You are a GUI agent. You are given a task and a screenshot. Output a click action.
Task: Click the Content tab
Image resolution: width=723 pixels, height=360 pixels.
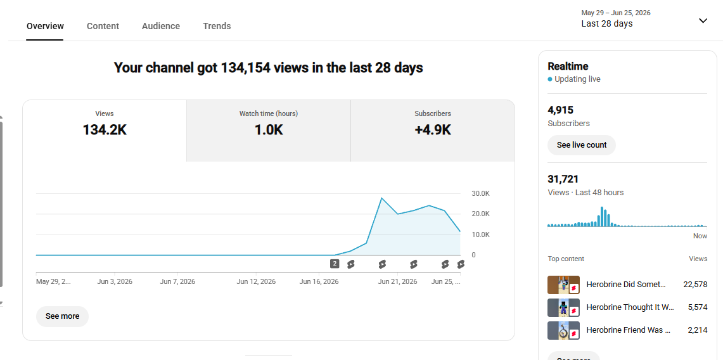[103, 26]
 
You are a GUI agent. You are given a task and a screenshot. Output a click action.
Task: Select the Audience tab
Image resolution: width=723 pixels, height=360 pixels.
[161, 26]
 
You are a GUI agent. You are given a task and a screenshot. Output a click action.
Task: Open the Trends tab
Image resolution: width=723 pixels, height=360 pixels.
[217, 26]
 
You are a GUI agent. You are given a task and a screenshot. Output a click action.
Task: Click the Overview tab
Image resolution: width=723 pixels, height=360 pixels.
[45, 26]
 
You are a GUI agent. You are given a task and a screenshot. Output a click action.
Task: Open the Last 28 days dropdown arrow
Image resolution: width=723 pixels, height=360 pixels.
[703, 21]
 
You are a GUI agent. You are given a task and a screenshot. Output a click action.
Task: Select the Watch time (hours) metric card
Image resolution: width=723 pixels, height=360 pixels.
[269, 131]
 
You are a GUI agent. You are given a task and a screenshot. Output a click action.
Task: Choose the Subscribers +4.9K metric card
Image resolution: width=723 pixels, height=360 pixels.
[433, 131]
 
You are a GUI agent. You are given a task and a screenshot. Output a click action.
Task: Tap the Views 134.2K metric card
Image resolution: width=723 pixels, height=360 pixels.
[105, 131]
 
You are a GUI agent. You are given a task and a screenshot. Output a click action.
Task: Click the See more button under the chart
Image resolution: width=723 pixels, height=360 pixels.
[62, 316]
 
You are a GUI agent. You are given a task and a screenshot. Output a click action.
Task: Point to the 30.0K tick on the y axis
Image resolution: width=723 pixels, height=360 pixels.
[480, 193]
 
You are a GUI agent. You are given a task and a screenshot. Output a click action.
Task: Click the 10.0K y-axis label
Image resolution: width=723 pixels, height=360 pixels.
[480, 235]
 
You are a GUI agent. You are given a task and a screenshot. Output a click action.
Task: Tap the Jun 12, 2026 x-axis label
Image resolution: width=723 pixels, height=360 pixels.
[256, 281]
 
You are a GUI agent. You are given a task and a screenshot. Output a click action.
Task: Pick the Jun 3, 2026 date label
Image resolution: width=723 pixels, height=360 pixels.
[115, 281]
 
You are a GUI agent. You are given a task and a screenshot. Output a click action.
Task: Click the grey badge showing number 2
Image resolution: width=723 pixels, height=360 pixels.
[335, 264]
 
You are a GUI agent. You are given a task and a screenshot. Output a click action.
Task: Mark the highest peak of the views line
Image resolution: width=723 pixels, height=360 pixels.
[381, 198]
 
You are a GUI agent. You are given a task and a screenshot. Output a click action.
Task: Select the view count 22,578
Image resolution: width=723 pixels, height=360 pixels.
[695, 285]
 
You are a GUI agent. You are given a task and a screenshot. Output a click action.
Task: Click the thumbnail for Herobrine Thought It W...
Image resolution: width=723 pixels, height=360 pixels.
[563, 307]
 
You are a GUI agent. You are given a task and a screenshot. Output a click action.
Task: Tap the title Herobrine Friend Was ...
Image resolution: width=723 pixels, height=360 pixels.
[628, 330]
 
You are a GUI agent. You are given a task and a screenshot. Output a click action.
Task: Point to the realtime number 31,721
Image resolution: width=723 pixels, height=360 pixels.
[563, 179]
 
